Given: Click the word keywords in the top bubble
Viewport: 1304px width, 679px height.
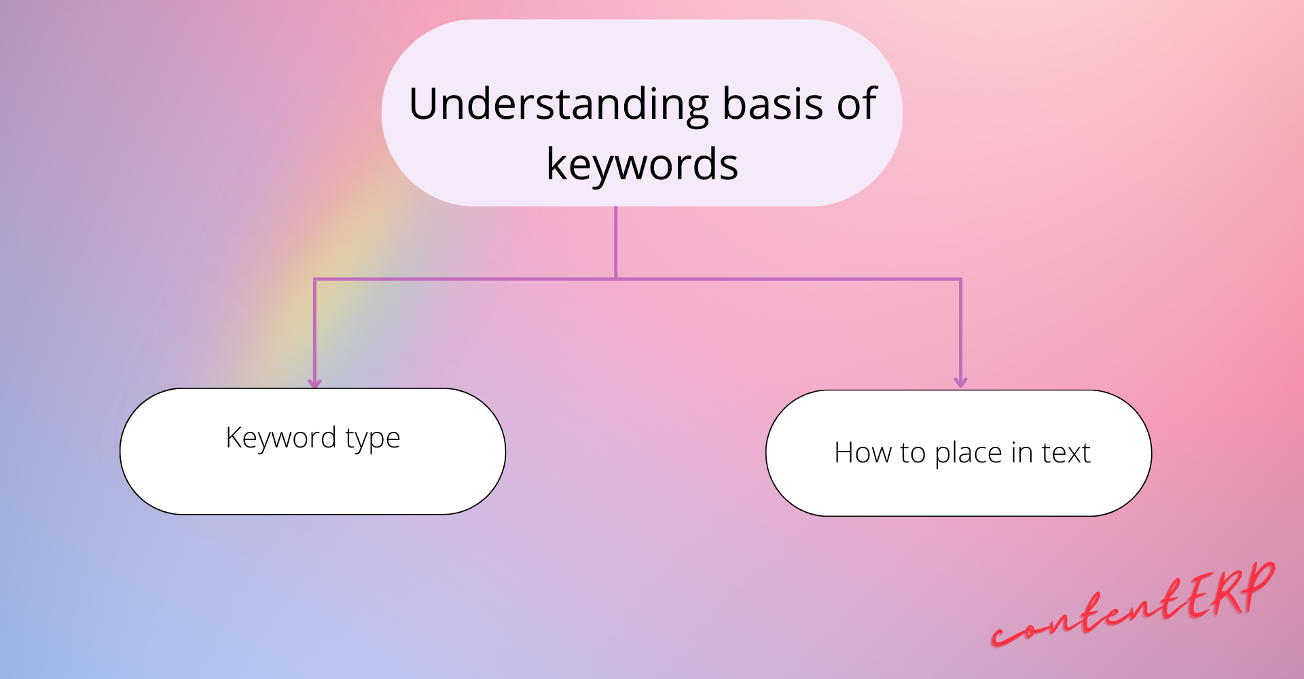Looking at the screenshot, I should coord(642,165).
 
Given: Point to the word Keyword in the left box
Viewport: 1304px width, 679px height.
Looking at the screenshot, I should coord(280,437).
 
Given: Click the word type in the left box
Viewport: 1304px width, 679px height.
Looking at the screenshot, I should coord(372,439).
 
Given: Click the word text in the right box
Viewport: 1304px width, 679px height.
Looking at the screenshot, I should coord(1066,453).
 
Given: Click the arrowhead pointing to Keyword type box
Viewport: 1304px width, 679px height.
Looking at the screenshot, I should coord(314,382).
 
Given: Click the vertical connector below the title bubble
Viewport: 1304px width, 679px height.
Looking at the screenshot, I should coord(615,241).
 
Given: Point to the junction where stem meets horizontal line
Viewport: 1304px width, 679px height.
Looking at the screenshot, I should coord(615,278).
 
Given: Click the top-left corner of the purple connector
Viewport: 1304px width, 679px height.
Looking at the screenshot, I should coord(315,279).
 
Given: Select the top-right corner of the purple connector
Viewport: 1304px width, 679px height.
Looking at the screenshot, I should coord(960,279).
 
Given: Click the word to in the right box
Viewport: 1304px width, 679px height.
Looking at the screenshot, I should coord(912,453).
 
